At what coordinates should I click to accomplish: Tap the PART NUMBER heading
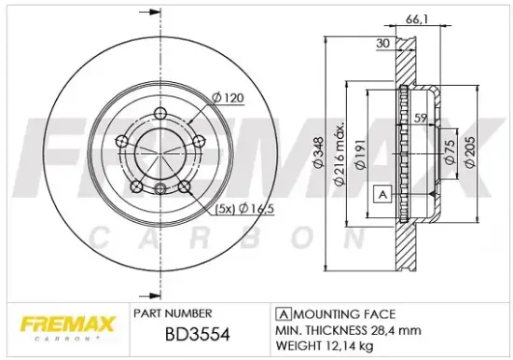point(173,312)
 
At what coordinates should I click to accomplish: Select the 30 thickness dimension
point(383,44)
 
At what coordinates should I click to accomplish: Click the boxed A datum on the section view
point(381,194)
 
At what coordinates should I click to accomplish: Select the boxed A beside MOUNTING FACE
point(281,314)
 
